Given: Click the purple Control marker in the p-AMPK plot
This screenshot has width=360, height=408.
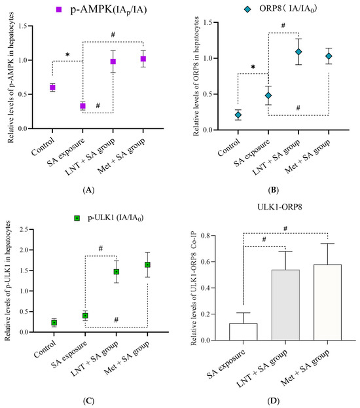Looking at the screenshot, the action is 52,88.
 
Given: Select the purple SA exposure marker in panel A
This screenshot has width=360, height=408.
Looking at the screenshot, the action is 82,106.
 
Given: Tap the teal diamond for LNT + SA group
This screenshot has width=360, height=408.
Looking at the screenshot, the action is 298,52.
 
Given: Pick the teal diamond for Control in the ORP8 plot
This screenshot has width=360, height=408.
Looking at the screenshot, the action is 238,115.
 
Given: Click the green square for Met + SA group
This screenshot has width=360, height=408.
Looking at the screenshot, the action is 147,265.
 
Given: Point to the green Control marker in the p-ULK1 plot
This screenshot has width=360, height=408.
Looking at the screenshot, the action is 54,323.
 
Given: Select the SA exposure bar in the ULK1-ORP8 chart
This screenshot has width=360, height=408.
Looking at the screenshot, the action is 243,332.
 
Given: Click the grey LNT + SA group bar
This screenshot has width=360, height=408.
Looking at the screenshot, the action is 285,305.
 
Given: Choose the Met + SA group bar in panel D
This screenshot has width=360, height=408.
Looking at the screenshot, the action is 327,303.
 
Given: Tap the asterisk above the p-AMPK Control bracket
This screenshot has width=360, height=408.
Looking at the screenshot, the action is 67,55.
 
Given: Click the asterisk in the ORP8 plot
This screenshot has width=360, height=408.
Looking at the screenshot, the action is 253,67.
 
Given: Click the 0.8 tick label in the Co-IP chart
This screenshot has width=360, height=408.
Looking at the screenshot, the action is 206,236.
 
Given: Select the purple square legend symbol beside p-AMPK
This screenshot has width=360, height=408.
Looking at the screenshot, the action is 59,10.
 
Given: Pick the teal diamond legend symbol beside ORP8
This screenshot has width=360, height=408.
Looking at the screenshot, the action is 247,9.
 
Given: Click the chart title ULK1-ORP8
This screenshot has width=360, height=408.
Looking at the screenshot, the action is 279,207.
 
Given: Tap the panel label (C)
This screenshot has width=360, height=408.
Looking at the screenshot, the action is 88,401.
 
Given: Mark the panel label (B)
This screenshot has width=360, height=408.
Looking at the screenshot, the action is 273,190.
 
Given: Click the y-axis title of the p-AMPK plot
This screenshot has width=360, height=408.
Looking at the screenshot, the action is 10,77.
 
